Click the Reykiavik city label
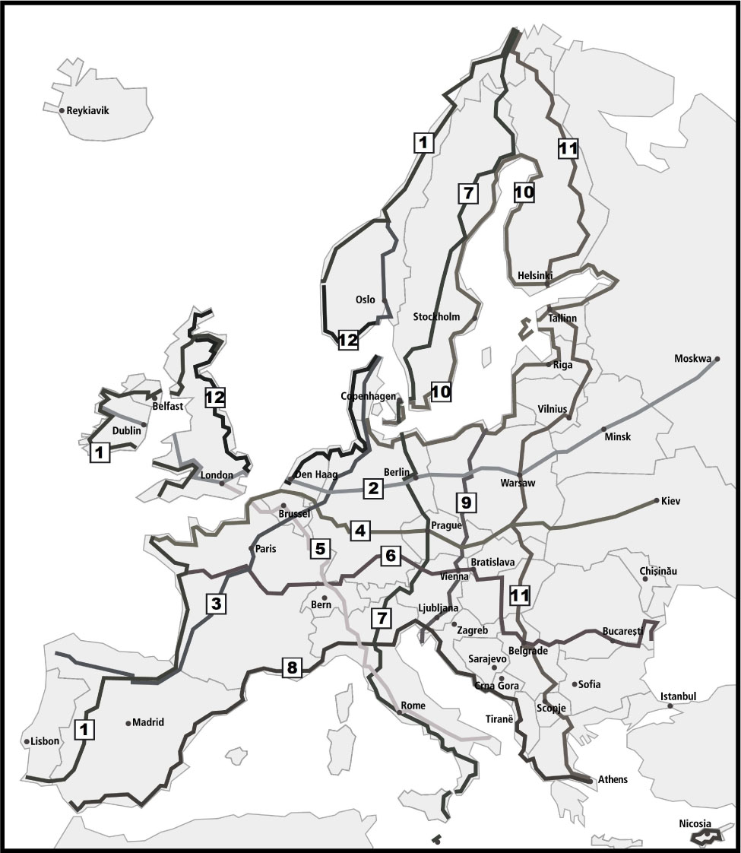88,110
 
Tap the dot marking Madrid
128,723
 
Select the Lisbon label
45,741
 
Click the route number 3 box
216,604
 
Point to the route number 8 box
291,668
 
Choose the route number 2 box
372,488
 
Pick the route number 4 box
359,530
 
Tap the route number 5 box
319,547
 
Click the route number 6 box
390,557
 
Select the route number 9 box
466,502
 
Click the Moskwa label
692,358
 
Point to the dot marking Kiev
656,500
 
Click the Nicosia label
695,823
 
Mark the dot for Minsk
604,429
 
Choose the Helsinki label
535,274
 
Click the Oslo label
366,300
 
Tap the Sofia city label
589,684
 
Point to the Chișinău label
658,570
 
